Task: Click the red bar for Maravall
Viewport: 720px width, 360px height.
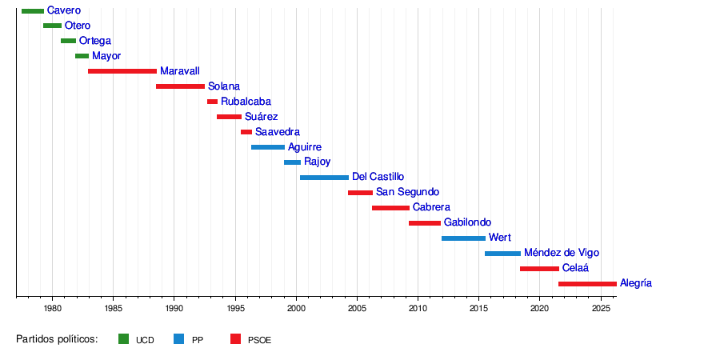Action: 122,71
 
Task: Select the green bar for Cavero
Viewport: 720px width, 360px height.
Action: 33,10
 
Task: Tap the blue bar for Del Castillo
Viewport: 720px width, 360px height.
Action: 324,177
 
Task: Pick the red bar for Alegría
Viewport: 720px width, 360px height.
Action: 587,283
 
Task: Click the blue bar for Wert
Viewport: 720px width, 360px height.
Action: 463,238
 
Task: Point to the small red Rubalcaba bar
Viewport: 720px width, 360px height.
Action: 212,102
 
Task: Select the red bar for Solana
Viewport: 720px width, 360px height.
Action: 180,86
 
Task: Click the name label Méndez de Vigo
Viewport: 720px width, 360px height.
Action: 561,253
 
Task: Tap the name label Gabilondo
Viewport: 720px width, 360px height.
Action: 467,222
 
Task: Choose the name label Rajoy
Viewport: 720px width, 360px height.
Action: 317,162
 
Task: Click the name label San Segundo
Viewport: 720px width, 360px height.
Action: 407,192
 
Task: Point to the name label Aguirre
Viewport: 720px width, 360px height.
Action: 305,147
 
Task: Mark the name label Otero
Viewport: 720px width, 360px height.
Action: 78,26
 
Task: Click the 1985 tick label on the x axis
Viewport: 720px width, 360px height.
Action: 113,308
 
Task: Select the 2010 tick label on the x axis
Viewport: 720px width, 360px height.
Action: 418,308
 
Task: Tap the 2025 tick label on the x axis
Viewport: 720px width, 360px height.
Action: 601,308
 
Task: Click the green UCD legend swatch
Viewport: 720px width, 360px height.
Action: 123,339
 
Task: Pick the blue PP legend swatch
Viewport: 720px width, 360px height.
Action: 178,339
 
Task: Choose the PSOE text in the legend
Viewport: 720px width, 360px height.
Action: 259,340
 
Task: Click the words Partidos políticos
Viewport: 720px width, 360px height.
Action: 57,339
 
